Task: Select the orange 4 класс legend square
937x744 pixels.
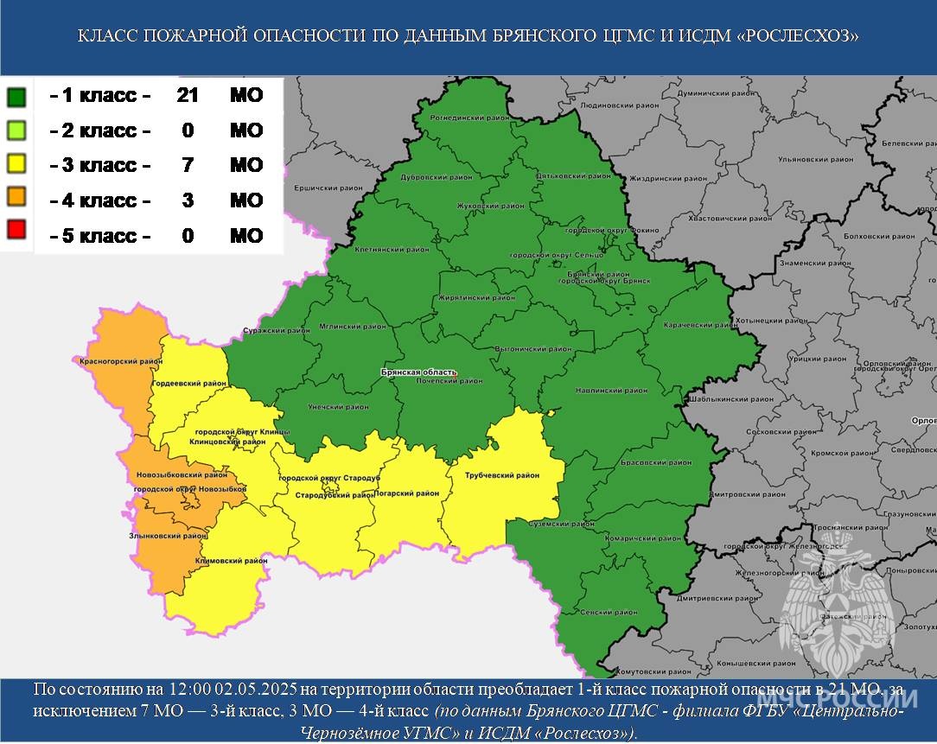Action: tap(16, 200)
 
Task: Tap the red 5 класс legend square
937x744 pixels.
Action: tap(16, 235)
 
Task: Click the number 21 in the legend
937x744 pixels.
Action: tap(188, 95)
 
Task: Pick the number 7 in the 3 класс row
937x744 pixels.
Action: tap(188, 165)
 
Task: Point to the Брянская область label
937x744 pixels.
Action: tap(418, 372)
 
